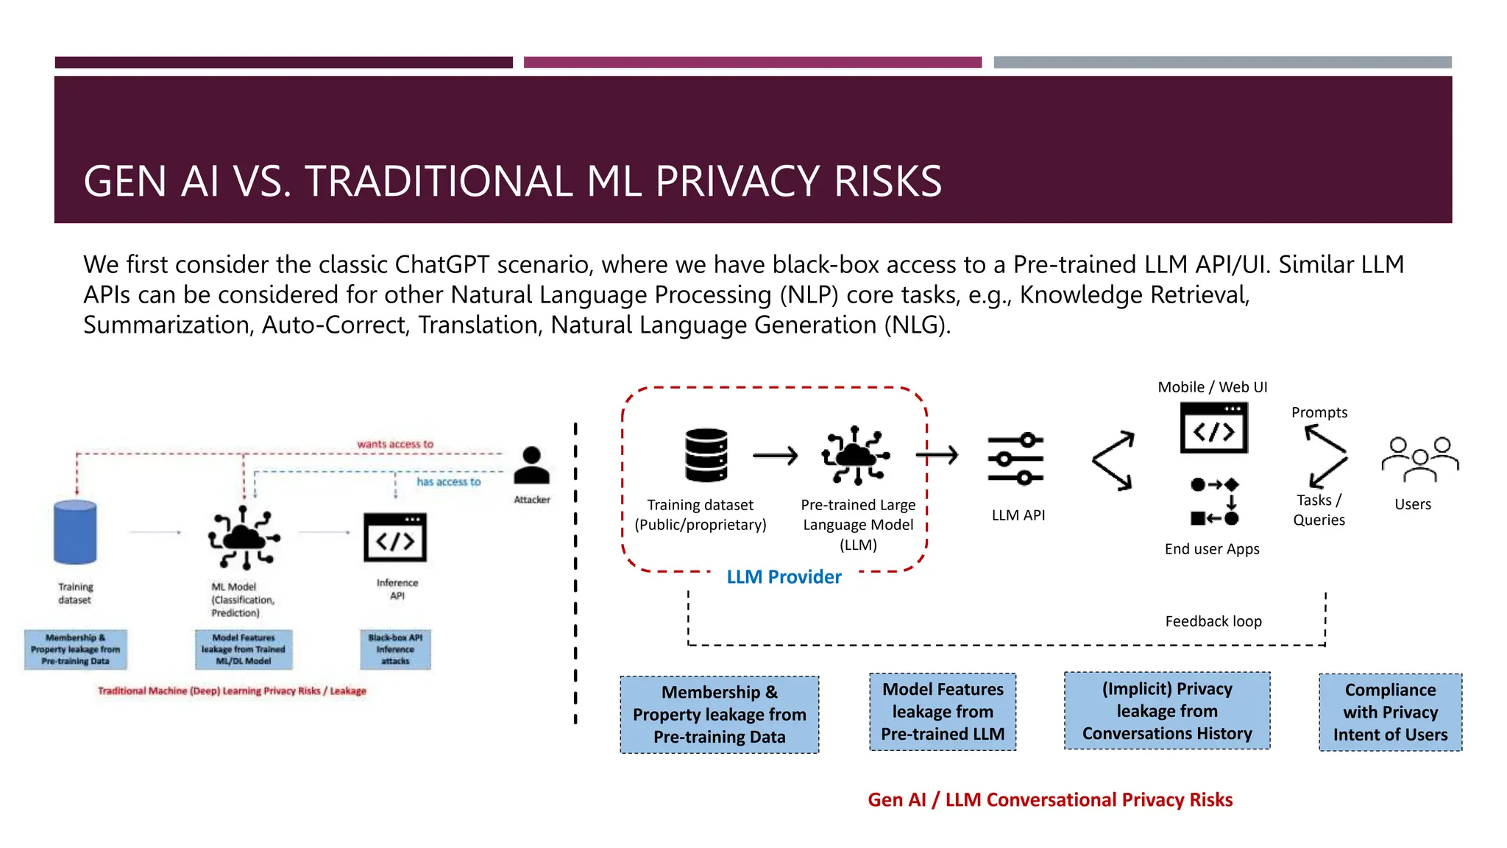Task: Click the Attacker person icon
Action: pyautogui.click(x=531, y=466)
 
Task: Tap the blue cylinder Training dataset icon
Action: pyautogui.click(x=75, y=532)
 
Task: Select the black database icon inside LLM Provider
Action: pyautogui.click(x=706, y=455)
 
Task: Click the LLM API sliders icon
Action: pyautogui.click(x=1016, y=459)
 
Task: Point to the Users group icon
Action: pyautogui.click(x=1419, y=459)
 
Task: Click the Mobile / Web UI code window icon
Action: pyautogui.click(x=1214, y=428)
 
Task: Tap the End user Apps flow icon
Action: pyautogui.click(x=1215, y=501)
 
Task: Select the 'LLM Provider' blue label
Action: pyautogui.click(x=784, y=577)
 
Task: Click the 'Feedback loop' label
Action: pyautogui.click(x=1213, y=621)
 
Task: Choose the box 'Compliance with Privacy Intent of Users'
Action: pyautogui.click(x=1390, y=713)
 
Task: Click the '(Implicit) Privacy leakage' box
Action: pyautogui.click(x=1167, y=711)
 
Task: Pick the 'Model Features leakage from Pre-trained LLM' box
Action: pyautogui.click(x=943, y=712)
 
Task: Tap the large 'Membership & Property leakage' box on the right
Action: pyautogui.click(x=719, y=715)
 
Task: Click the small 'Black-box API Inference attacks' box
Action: pyautogui.click(x=395, y=649)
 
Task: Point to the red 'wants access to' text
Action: pyautogui.click(x=395, y=444)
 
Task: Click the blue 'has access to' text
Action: pyautogui.click(x=448, y=481)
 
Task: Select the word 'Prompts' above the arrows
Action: pyautogui.click(x=1319, y=413)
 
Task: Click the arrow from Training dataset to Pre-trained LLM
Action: pyautogui.click(x=775, y=456)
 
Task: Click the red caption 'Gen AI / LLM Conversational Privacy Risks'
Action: pyautogui.click(x=1050, y=800)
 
